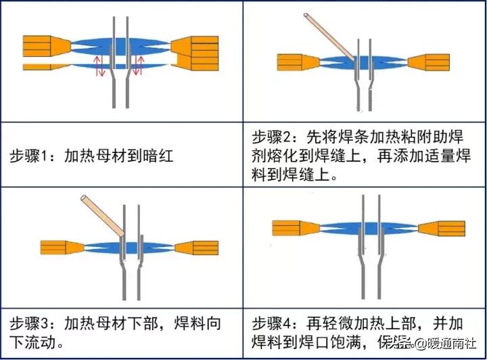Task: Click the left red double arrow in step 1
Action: pyautogui.click(x=98, y=66)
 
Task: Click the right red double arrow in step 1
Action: pyautogui.click(x=140, y=66)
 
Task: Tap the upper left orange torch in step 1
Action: pyautogui.click(x=44, y=45)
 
